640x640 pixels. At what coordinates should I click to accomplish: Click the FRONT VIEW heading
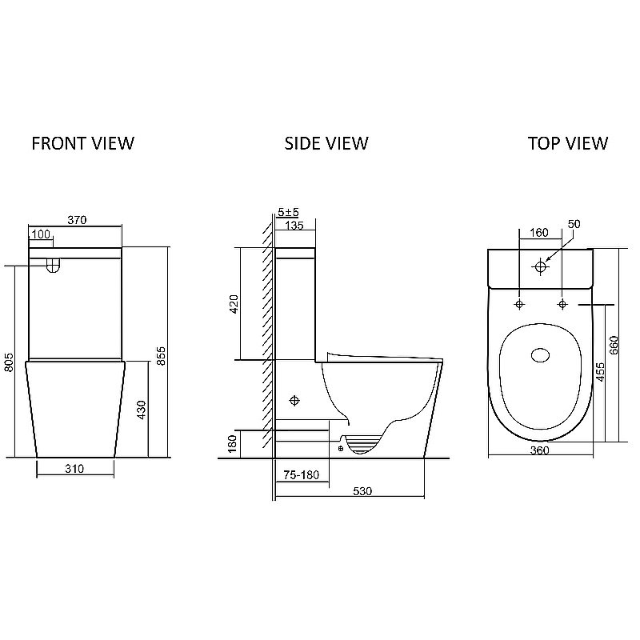(x=83, y=143)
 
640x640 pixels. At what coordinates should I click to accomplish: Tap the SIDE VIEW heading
(x=326, y=143)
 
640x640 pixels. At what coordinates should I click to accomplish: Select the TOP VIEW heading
(x=568, y=143)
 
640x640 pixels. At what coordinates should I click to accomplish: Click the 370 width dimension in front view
(x=77, y=220)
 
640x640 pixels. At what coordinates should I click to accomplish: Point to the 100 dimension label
(x=41, y=234)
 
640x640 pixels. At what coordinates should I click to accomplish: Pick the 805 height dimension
(x=9, y=362)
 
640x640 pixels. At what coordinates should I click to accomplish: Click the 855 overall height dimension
(x=162, y=356)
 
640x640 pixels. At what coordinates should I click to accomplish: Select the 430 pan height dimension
(x=142, y=410)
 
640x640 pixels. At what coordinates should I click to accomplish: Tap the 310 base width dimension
(x=74, y=469)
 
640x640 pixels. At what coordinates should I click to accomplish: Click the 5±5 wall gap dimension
(x=288, y=212)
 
